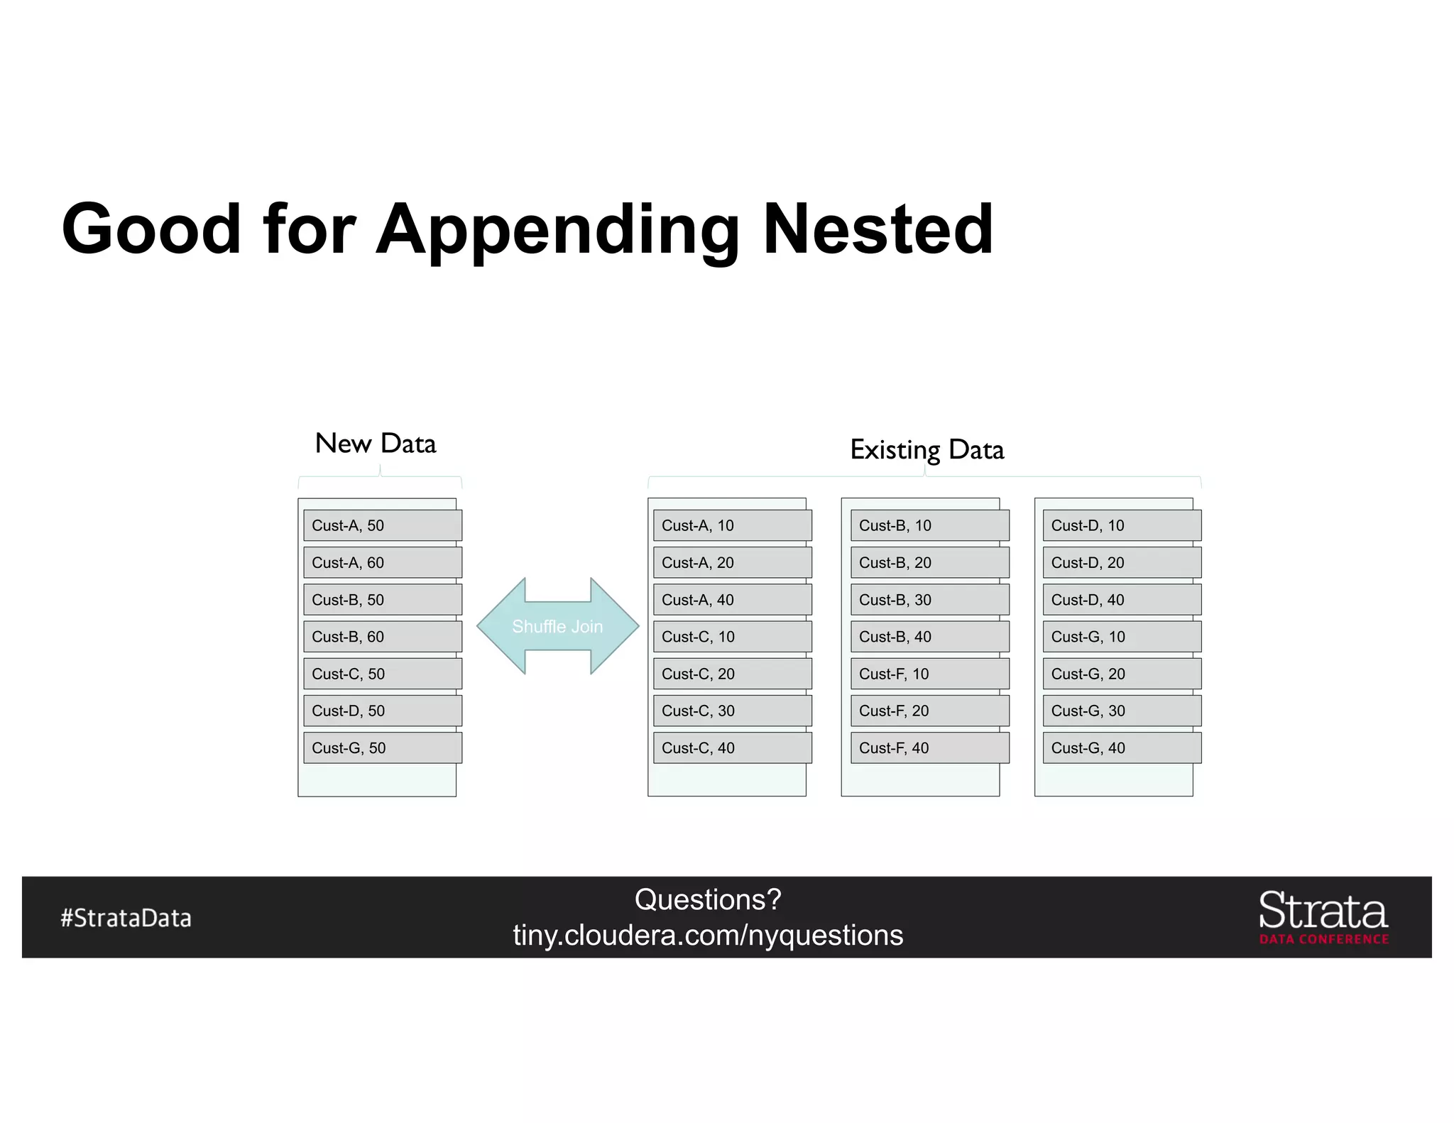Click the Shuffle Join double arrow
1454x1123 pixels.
tap(557, 626)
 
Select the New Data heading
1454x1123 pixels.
tap(375, 444)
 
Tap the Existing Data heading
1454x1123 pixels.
tap(926, 450)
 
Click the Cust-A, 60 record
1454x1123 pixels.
tap(382, 562)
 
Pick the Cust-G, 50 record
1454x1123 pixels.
tap(382, 747)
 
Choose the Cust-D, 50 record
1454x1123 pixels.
tap(382, 711)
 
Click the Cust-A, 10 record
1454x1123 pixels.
tap(732, 525)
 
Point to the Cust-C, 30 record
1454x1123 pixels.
tap(732, 711)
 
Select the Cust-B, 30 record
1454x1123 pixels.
tap(929, 600)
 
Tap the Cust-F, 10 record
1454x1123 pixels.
tap(929, 674)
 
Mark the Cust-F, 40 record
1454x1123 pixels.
tap(929, 747)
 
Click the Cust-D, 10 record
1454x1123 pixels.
tap(1122, 525)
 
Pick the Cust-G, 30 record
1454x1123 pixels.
tap(1122, 711)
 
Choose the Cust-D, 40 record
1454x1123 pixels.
tap(1122, 600)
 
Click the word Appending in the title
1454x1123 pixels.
tap(558, 231)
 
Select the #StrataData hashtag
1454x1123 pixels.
tap(126, 918)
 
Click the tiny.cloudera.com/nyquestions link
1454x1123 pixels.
tap(708, 936)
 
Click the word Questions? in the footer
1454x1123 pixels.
tap(708, 899)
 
